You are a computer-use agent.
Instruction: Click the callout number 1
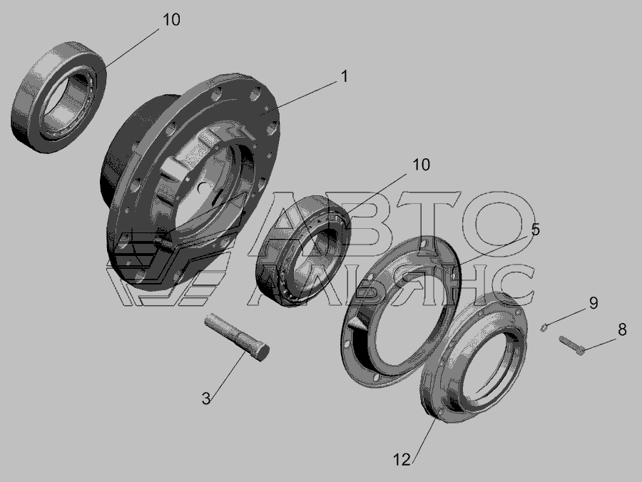tap(345, 76)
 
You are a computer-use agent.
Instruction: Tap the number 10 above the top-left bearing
tap(171, 20)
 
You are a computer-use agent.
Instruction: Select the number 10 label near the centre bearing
tap(421, 165)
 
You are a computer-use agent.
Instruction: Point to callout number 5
tap(536, 230)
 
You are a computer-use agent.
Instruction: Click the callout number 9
tap(593, 303)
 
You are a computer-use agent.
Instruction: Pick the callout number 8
tap(622, 329)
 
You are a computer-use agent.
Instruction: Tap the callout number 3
tap(206, 398)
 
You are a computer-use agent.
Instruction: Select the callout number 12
tap(402, 460)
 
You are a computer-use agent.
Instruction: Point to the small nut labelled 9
tap(544, 327)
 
